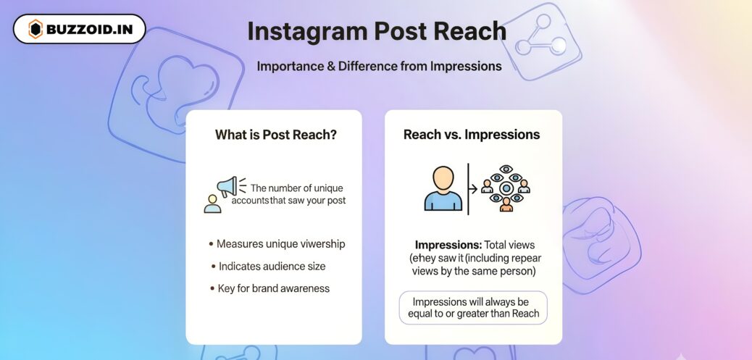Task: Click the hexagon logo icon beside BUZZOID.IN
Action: pos(35,29)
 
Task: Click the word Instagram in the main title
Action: pos(307,31)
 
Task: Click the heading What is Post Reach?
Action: pos(276,135)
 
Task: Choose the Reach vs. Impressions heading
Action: pos(472,135)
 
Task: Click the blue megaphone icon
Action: pos(227,187)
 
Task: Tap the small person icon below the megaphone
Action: pos(212,204)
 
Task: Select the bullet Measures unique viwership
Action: pos(277,244)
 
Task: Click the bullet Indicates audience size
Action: pos(268,266)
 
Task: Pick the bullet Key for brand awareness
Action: pos(270,288)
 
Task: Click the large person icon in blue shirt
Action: pos(443,188)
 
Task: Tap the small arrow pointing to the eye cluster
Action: pos(472,189)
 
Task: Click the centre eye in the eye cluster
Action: pos(506,188)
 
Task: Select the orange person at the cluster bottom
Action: pos(506,205)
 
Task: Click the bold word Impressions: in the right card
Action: pos(448,245)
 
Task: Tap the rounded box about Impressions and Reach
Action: pos(473,308)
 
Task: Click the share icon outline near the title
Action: pos(541,41)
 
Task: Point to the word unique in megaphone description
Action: pos(325,188)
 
